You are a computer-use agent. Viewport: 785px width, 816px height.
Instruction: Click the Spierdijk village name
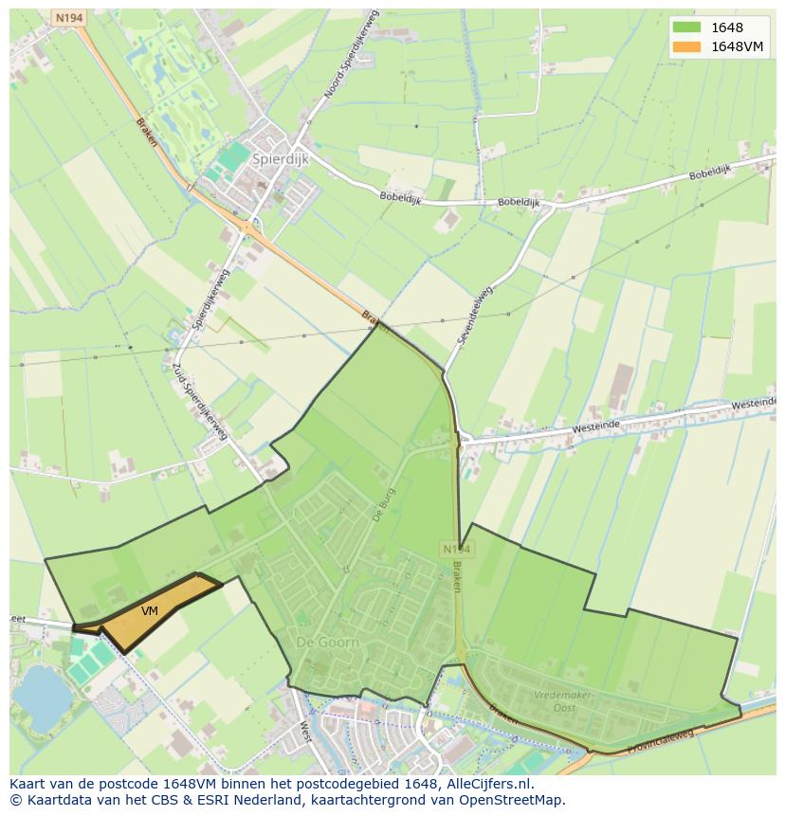tap(281, 160)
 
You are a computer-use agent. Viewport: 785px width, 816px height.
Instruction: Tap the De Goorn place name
tap(328, 643)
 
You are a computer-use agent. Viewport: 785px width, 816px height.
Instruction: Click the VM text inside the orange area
tap(150, 611)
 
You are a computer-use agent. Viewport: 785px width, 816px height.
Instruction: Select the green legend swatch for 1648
tap(687, 27)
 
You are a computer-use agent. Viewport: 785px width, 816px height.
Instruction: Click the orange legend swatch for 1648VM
tap(687, 46)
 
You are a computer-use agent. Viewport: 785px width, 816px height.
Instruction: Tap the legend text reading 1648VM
tap(738, 46)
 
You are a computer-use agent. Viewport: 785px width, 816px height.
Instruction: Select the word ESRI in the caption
tap(218, 800)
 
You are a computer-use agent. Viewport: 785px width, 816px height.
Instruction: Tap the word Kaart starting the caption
tap(28, 784)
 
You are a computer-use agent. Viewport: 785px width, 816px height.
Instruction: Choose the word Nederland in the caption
tap(282, 800)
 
